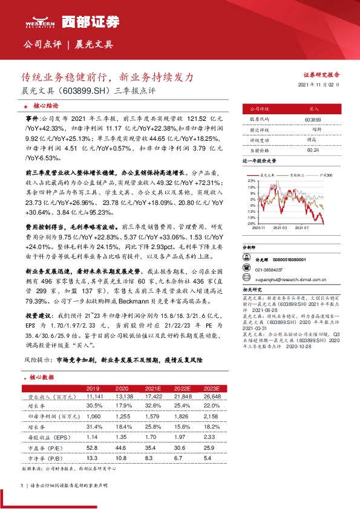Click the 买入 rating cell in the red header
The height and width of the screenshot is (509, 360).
pyautogui.click(x=314, y=109)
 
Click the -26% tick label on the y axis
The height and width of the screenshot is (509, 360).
pyautogui.click(x=250, y=223)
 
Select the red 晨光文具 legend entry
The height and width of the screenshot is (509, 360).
pyautogui.click(x=268, y=173)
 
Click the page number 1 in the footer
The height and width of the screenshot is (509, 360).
pyautogui.click(x=22, y=485)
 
